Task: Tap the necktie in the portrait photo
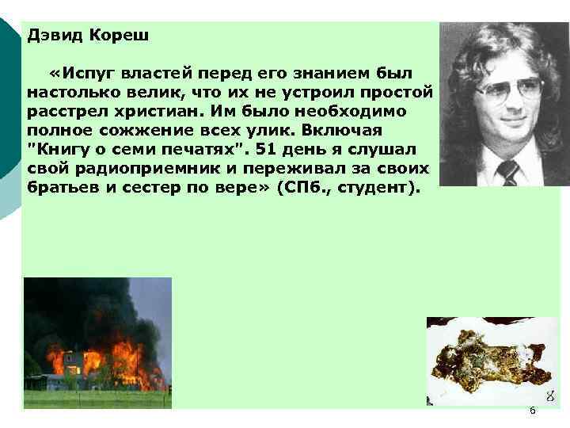[507, 171]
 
